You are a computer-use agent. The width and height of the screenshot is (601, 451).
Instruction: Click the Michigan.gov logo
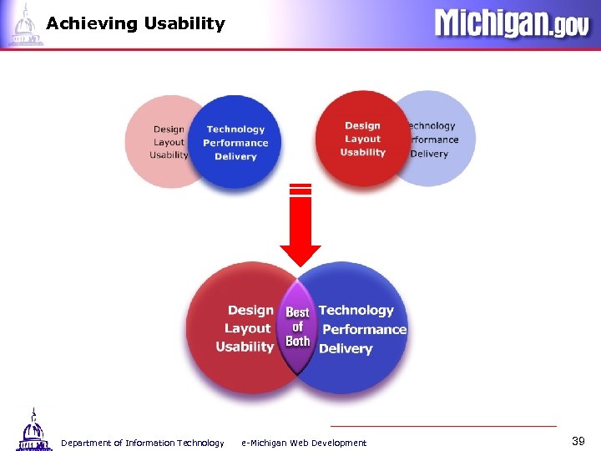point(511,23)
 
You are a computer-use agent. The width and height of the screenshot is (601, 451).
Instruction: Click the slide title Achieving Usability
point(135,23)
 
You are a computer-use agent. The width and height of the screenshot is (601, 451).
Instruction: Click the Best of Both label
point(298,327)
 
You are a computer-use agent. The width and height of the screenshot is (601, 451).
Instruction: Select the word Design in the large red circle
point(250,310)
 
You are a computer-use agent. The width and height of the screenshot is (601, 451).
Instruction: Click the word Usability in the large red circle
point(245,347)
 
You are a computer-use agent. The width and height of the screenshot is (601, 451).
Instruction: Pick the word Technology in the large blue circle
point(356,310)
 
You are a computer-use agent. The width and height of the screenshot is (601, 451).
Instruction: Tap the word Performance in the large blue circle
point(364,329)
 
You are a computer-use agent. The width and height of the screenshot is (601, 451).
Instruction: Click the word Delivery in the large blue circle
point(346,348)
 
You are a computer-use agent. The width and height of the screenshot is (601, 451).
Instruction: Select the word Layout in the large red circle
point(248,328)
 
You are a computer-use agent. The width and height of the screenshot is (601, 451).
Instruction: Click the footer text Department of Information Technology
point(142,443)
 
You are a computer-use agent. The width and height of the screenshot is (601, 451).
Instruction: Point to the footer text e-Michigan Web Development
point(303,443)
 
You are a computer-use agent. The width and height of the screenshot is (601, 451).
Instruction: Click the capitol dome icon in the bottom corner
point(32,430)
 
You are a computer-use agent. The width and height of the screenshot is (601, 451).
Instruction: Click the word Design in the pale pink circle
point(169,129)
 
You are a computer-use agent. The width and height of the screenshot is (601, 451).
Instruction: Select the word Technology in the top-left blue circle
point(235,129)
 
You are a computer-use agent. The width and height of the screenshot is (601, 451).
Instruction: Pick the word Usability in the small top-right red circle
point(362,152)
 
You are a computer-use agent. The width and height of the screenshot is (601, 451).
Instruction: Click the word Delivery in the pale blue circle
point(430,154)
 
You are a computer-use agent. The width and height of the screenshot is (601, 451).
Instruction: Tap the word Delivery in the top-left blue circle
point(235,156)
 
